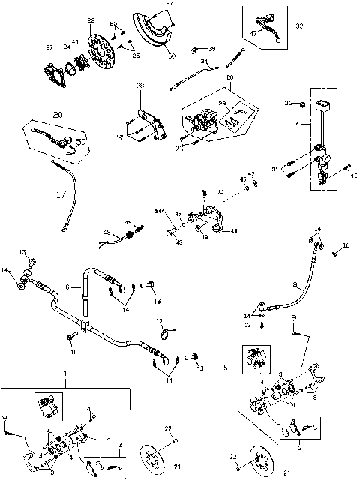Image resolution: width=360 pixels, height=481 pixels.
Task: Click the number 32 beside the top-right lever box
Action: click(299, 26)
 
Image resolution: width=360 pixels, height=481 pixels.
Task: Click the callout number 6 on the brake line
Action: click(68, 287)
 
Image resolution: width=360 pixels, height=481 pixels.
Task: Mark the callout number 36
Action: click(287, 103)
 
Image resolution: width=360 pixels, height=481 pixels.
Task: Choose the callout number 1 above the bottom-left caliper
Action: click(66, 374)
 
